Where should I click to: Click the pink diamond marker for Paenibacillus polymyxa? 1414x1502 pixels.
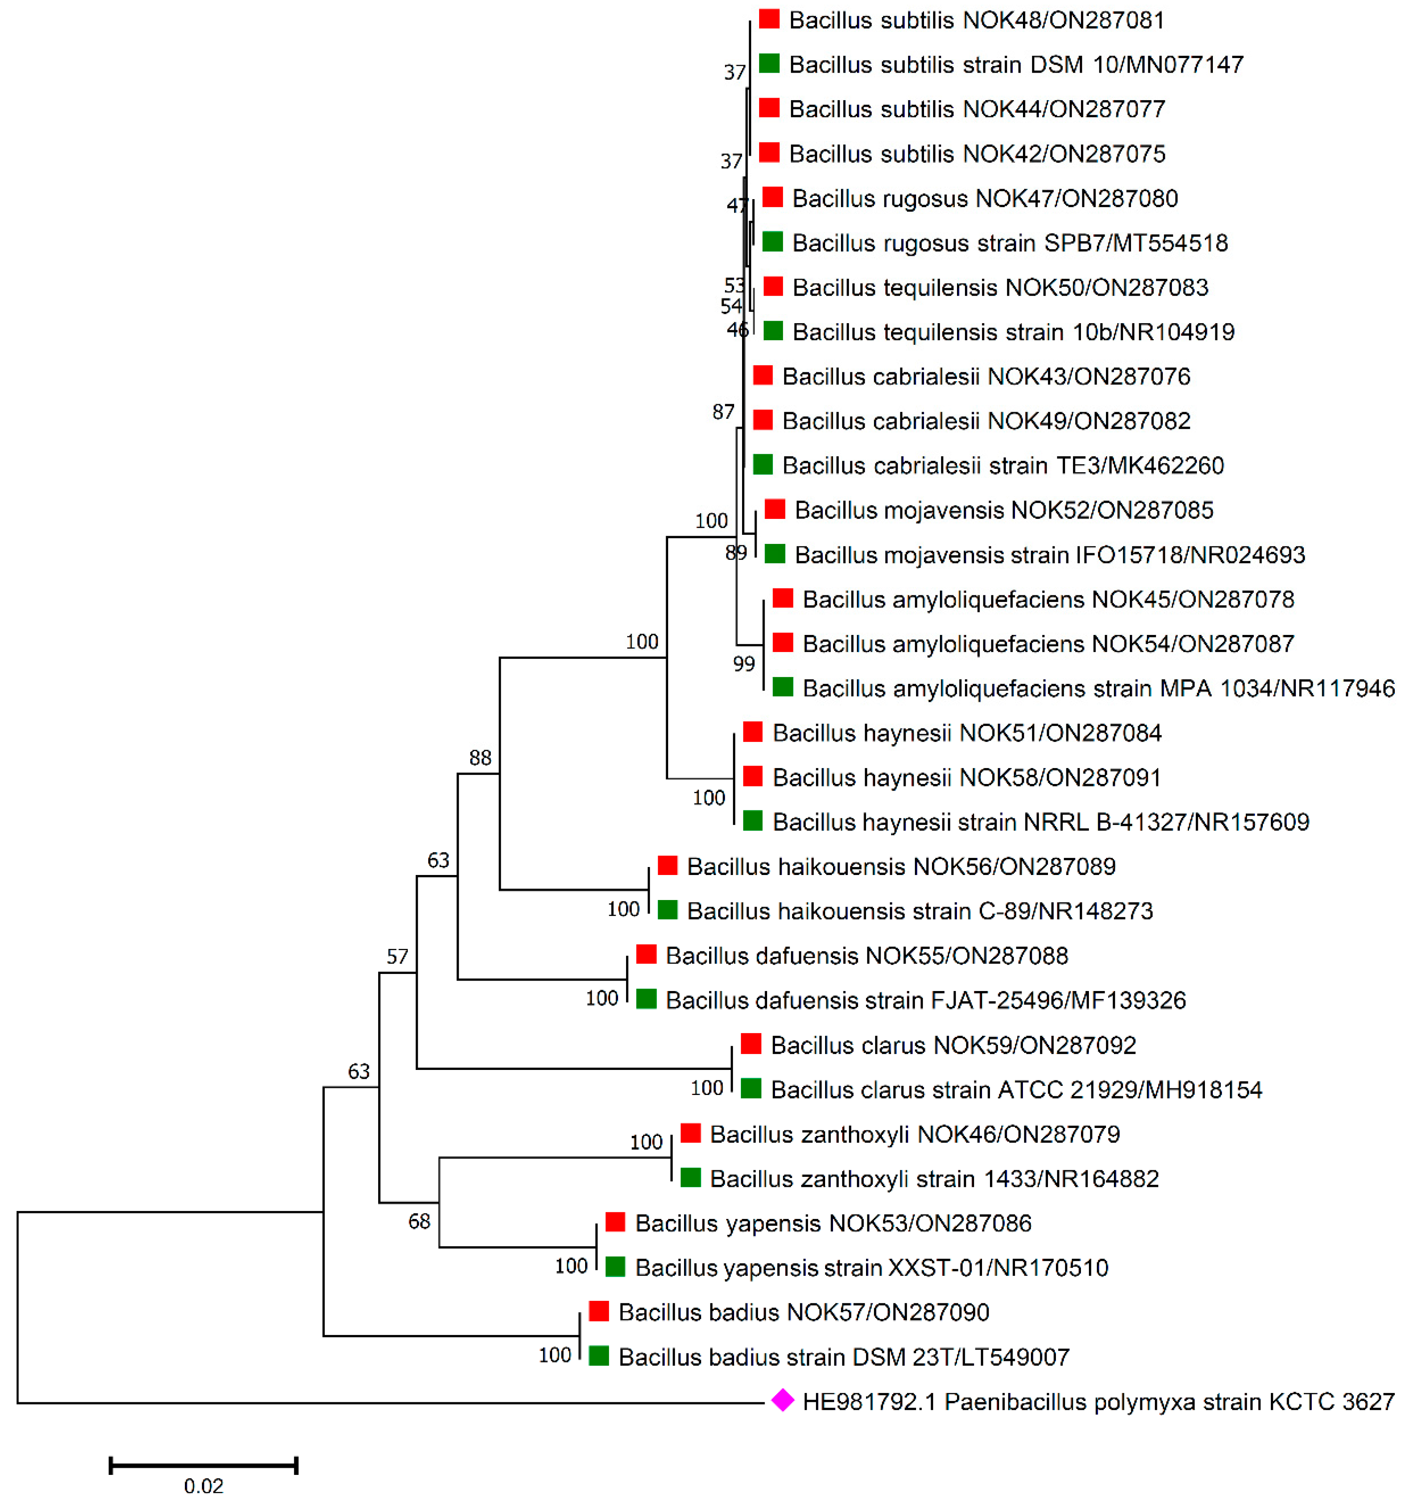pyautogui.click(x=783, y=1400)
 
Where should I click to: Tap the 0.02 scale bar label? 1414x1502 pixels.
pyautogui.click(x=204, y=1485)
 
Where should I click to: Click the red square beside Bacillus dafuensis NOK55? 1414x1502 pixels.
pyautogui.click(x=646, y=954)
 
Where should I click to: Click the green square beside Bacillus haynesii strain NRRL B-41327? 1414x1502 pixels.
pyautogui.click(x=752, y=821)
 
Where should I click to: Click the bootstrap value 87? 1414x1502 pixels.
pyautogui.click(x=724, y=412)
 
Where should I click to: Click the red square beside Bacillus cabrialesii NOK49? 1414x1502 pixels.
pyautogui.click(x=763, y=420)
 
